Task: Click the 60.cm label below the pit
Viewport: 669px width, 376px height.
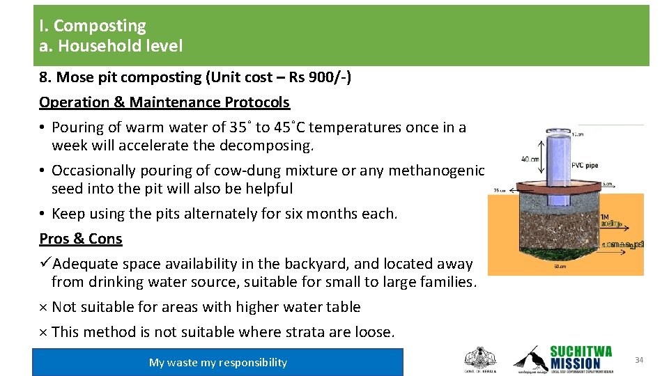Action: coord(560,267)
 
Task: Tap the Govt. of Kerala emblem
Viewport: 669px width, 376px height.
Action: coord(480,359)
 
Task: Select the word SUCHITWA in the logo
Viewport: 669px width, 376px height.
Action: coord(580,352)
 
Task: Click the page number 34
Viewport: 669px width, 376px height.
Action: coord(639,359)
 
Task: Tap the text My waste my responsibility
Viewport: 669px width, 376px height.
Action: coord(217,362)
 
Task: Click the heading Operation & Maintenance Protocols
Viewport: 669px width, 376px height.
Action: coord(164,102)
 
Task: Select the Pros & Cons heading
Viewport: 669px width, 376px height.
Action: coord(81,239)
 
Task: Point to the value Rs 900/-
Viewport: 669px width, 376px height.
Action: coord(322,77)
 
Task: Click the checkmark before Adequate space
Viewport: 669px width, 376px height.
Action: coord(45,264)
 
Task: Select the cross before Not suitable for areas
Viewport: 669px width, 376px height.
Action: coord(43,307)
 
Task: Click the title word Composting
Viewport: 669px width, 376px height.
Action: coord(100,26)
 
